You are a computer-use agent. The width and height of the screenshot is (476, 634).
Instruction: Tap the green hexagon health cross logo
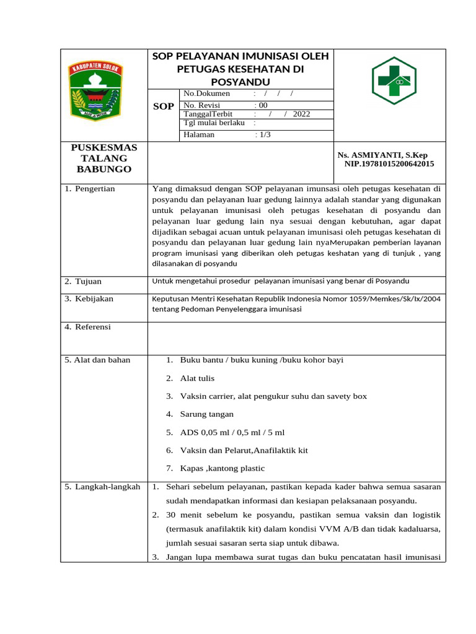pyautogui.click(x=394, y=80)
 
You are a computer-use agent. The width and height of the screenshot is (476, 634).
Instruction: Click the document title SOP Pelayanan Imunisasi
pyautogui.click(x=240, y=69)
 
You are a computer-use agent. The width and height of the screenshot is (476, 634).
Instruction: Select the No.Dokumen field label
pyautogui.click(x=206, y=93)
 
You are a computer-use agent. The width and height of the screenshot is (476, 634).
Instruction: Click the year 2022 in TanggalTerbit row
pyautogui.click(x=301, y=114)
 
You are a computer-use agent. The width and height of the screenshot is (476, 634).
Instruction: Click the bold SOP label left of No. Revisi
pyautogui.click(x=164, y=106)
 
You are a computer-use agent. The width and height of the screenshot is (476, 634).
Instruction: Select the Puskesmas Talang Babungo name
pyautogui.click(x=104, y=158)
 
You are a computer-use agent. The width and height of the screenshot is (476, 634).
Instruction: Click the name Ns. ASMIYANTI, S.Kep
pyautogui.click(x=382, y=155)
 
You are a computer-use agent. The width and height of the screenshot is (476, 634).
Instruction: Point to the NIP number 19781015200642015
pyautogui.click(x=389, y=164)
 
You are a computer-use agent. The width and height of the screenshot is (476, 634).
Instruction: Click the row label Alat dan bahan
pyautogui.click(x=97, y=360)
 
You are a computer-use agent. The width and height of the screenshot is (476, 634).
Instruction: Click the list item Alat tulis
pyautogui.click(x=197, y=378)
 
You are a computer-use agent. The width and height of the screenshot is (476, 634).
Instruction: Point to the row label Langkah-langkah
pyautogui.click(x=103, y=487)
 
